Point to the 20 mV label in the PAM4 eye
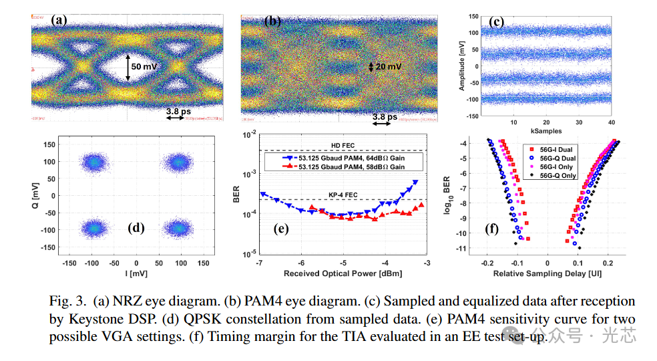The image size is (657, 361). click(x=388, y=67)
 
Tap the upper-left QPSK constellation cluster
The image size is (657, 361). click(x=93, y=162)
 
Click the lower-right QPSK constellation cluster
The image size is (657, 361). click(x=179, y=228)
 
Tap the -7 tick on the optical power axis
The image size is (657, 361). click(x=260, y=263)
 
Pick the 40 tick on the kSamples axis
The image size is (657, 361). click(x=611, y=122)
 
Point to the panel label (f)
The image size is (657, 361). click(x=492, y=229)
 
